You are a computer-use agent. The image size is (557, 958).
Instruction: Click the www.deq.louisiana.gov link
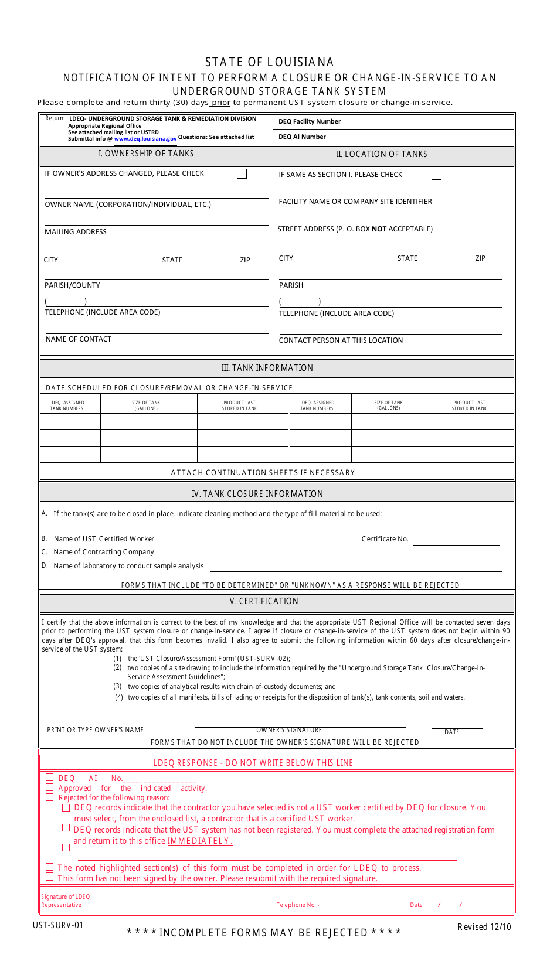[145, 139]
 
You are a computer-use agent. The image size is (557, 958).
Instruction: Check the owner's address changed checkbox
[242, 174]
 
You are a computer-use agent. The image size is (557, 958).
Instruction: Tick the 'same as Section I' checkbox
[436, 175]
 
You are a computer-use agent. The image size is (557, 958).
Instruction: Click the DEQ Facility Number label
[310, 122]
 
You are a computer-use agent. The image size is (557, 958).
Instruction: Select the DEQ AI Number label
[302, 137]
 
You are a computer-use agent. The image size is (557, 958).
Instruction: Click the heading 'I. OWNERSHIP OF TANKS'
[146, 154]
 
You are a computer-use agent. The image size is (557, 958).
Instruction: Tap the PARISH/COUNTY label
[72, 285]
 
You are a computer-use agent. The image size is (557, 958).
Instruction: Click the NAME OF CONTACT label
[79, 339]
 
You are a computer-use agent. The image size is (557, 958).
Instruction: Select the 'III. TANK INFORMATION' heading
[267, 368]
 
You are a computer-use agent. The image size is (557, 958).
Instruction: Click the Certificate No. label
[385, 539]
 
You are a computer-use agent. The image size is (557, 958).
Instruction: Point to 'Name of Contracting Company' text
[104, 552]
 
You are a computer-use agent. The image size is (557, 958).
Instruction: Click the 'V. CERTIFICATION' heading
[264, 601]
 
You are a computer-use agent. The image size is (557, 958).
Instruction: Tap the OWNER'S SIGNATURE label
[289, 730]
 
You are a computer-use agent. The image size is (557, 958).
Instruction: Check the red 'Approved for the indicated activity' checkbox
[50, 787]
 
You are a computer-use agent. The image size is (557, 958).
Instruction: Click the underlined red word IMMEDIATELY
[200, 841]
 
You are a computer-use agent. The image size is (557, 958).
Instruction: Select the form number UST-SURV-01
[59, 925]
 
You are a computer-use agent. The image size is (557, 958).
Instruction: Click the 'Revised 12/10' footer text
[484, 926]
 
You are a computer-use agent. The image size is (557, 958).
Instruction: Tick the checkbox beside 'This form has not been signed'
[50, 877]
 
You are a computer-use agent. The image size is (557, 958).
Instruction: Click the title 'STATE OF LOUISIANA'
[269, 62]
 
